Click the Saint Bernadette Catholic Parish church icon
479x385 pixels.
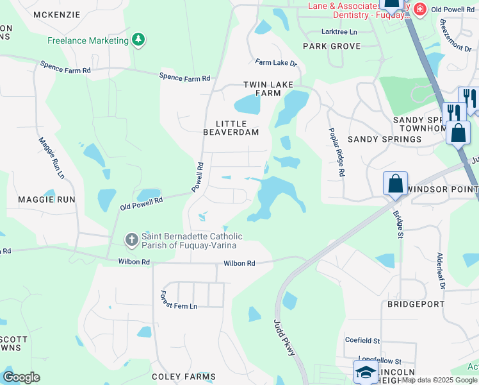[131, 241]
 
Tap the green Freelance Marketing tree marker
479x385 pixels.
[138, 40]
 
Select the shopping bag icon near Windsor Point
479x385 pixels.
[395, 183]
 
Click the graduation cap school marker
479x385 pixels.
[365, 372]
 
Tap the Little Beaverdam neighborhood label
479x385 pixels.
[231, 128]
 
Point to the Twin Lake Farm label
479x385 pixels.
[263, 89]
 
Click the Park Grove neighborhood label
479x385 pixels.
[332, 46]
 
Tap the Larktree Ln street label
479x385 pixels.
[339, 31]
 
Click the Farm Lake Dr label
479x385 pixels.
[277, 63]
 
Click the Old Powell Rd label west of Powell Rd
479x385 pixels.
[142, 203]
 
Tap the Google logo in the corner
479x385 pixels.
[22, 377]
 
